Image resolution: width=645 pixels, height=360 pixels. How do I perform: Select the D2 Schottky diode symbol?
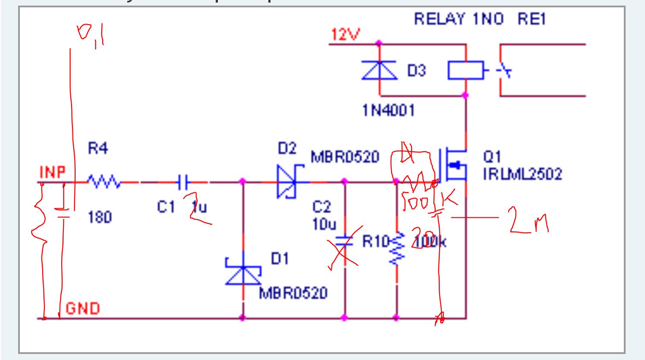(287, 183)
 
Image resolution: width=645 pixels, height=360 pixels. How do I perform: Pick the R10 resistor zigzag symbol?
(397, 249)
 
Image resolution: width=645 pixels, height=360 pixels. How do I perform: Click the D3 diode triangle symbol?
(379, 71)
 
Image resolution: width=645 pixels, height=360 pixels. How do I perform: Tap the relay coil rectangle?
(466, 70)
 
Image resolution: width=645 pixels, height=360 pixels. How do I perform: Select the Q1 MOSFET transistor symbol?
(453, 165)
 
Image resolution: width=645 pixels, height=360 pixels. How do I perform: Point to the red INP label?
(53, 172)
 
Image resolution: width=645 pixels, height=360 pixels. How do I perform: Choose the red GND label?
(82, 308)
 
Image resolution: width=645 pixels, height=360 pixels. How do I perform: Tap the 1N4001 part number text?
(388, 111)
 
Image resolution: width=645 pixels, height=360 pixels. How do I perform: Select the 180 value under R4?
(100, 217)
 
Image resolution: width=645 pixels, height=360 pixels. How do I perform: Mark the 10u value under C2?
(324, 224)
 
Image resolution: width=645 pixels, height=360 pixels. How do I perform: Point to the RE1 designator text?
(532, 19)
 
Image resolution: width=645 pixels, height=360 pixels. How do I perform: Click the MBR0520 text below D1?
(293, 293)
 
